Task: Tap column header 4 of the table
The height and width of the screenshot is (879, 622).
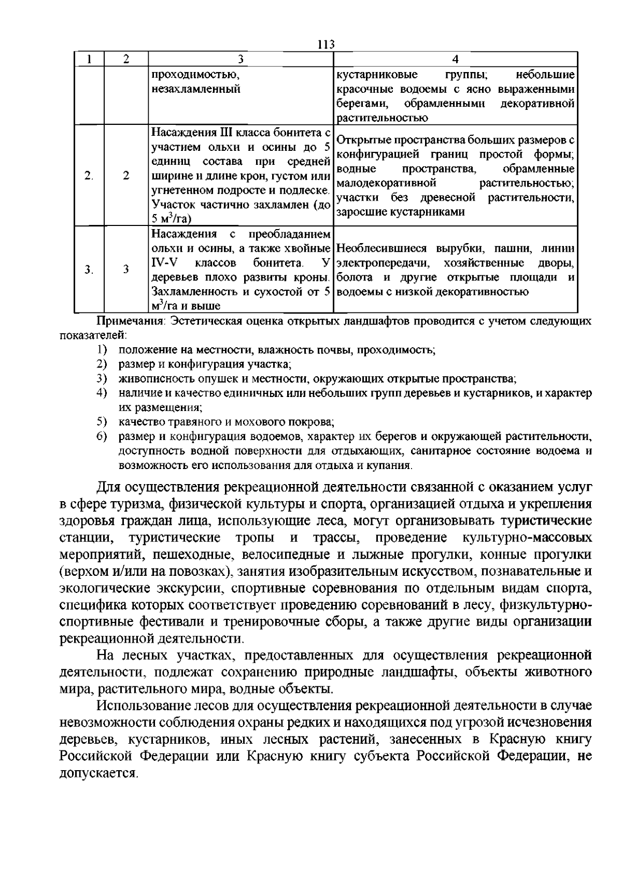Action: pos(455,59)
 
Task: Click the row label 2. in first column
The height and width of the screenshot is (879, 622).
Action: pos(89,175)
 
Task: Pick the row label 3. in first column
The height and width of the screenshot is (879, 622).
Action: pos(89,270)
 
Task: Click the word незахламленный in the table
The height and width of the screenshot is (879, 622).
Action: pos(196,89)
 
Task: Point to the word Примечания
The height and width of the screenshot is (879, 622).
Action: pos(130,321)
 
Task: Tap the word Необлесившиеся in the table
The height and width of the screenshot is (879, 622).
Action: pos(381,248)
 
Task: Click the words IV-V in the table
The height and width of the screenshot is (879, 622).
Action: pos(163,263)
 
